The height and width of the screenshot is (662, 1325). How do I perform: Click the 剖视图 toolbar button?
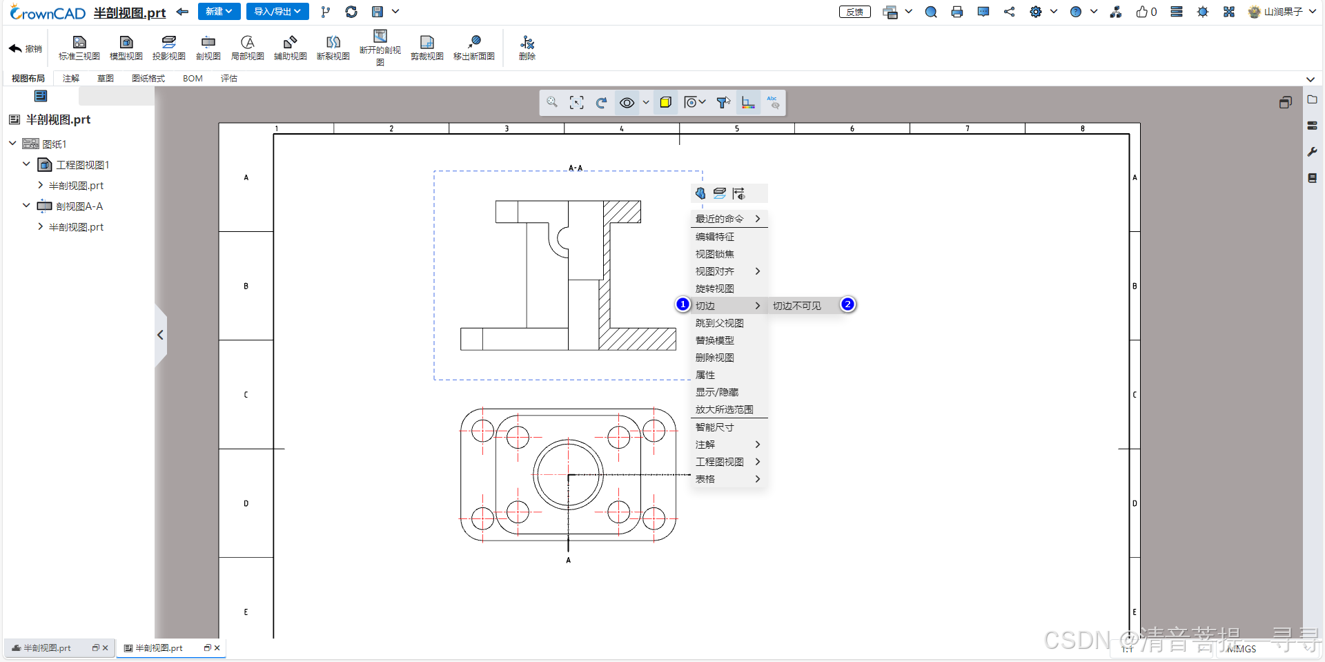(208, 48)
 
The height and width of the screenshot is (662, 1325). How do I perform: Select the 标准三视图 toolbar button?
(79, 48)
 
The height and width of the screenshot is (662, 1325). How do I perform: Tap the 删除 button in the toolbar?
(527, 48)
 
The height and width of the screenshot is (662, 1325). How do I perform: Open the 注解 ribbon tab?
(71, 79)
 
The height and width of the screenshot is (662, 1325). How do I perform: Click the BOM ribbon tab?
(193, 79)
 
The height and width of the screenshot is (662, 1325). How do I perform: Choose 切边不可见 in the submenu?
(797, 306)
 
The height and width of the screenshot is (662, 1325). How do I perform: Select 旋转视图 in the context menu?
(715, 289)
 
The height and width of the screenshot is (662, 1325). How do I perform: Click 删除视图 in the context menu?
(715, 358)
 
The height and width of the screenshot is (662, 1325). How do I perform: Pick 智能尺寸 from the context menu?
(715, 427)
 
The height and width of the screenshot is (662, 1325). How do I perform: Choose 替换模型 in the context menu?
(715, 340)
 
